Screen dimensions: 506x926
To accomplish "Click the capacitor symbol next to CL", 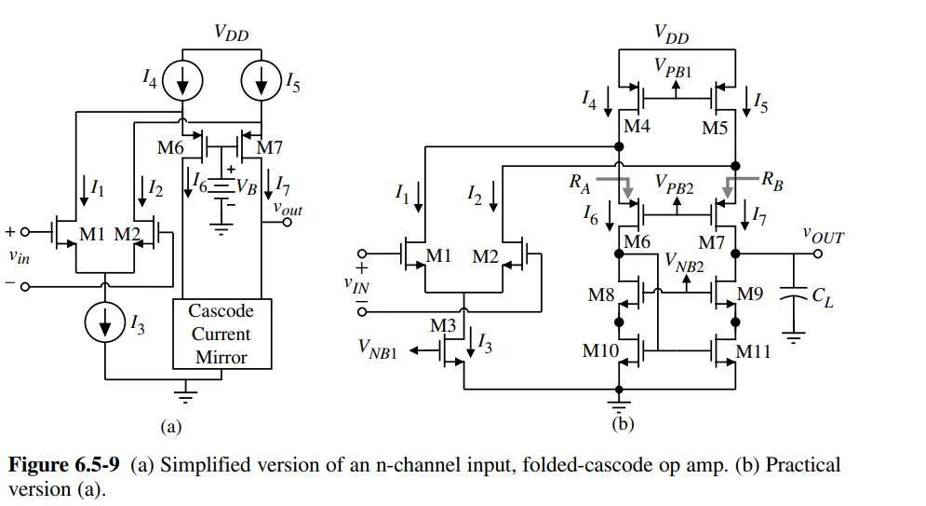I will pyautogui.click(x=793, y=296).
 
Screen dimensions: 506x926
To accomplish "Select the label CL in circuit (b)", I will pyautogui.click(x=822, y=296).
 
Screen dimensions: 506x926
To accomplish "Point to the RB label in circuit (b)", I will pyautogui.click(x=772, y=181).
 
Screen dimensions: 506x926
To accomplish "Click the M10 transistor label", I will pyautogui.click(x=599, y=351).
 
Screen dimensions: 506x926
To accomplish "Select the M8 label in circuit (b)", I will pyautogui.click(x=602, y=294).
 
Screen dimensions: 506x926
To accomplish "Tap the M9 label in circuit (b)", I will pyautogui.click(x=749, y=294).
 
